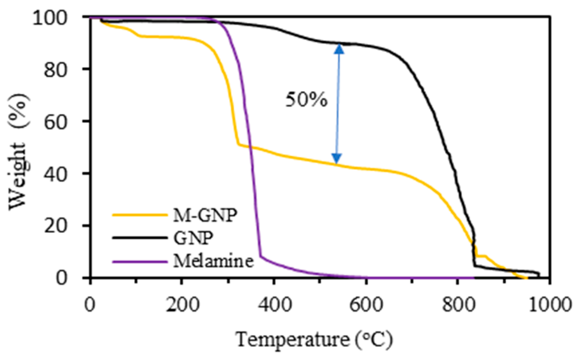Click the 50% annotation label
tap(306, 100)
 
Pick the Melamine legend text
tap(213, 261)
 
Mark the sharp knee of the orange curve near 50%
tap(238, 144)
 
